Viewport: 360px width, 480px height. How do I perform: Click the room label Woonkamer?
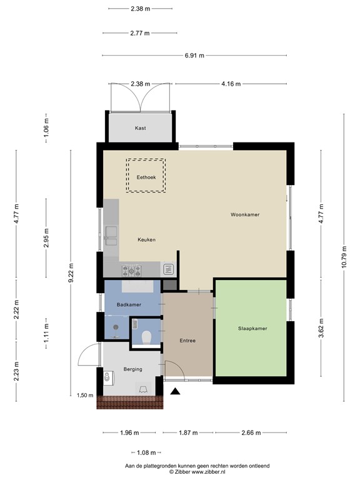coord(245,214)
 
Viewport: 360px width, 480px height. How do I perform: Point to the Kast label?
coord(141,128)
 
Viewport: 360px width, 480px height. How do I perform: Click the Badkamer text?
coord(129,304)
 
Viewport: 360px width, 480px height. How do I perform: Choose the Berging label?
coord(132,369)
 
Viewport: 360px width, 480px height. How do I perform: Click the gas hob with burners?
coord(133,270)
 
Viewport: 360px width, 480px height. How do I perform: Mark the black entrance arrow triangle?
coord(176,392)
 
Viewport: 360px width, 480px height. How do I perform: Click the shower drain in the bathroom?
coord(116,326)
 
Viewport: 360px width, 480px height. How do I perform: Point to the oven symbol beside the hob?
coord(168,269)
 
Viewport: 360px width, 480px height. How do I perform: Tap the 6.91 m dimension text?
coord(194,56)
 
